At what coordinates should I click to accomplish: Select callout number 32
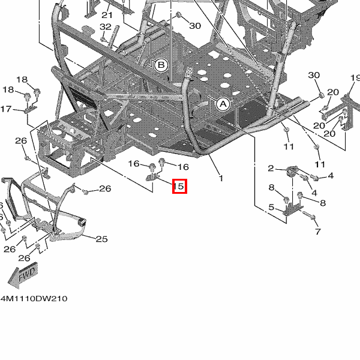tap(106, 27)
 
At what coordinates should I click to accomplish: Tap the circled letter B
tap(161, 65)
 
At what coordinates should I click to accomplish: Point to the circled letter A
tap(223, 104)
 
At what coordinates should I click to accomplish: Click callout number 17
tap(6, 109)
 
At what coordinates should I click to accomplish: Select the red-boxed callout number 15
tap(179, 187)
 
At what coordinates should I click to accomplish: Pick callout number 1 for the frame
tap(220, 178)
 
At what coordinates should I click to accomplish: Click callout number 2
tap(271, 168)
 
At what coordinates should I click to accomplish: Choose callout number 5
tap(271, 208)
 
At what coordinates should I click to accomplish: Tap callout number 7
tap(317, 232)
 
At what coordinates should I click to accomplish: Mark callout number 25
tap(101, 239)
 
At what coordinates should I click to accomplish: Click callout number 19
tap(354, 78)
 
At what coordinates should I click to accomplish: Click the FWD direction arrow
tap(22, 275)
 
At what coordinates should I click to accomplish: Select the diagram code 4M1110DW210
tap(34, 298)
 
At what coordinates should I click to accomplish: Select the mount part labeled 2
tap(293, 172)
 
